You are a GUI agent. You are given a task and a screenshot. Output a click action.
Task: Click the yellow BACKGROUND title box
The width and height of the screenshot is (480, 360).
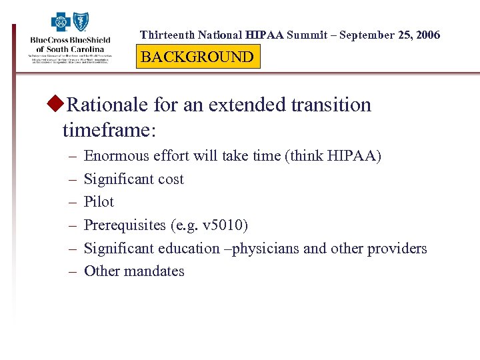[x=197, y=57]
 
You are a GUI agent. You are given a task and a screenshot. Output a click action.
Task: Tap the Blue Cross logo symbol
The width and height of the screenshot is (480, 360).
[x=61, y=23]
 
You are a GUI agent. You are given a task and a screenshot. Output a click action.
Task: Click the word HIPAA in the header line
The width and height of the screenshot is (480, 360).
[x=264, y=35]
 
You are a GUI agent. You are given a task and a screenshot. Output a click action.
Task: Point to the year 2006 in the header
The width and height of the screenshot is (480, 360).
[x=427, y=35]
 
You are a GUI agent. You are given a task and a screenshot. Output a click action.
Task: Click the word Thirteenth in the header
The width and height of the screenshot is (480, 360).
[x=167, y=35]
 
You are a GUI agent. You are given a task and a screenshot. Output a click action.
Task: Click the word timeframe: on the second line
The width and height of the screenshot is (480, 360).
[x=109, y=129]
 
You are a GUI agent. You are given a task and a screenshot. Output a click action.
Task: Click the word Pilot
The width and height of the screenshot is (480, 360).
[x=99, y=202]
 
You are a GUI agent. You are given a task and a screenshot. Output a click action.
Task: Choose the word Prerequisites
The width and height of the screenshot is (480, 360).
[x=124, y=225]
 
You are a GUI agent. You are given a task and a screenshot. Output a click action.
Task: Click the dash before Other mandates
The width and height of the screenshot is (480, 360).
[x=71, y=271]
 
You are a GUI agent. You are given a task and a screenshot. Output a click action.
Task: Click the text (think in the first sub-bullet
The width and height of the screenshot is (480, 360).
[x=306, y=156]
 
